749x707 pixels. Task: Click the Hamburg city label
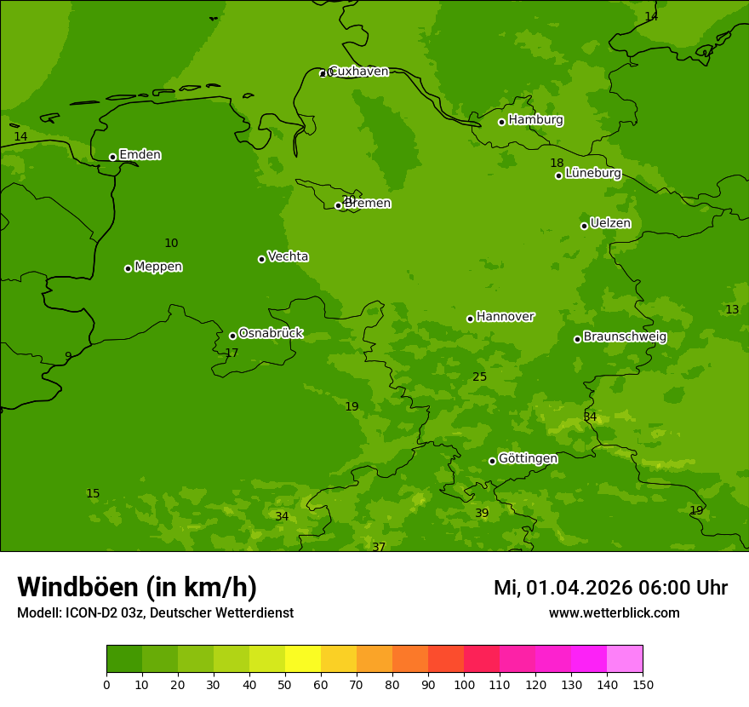pos(535,120)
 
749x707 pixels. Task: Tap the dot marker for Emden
pos(112,157)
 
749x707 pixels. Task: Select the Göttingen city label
pos(528,459)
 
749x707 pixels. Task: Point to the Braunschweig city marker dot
pos(577,339)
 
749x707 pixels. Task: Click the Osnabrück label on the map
pos(271,334)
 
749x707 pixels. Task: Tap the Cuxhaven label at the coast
pos(358,72)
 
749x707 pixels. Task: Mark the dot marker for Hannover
pos(470,319)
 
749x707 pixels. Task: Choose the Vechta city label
pos(288,256)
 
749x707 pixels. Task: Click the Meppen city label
pos(158,267)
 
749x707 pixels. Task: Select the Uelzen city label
pos(610,223)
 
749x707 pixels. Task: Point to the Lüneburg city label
pos(592,173)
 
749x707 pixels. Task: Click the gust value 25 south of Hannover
pos(480,377)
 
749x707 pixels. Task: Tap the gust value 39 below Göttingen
pos(482,514)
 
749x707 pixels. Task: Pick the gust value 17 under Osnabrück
pos(232,353)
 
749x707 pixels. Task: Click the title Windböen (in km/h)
pos(137,587)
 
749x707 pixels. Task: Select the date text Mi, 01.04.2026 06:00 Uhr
pos(610,588)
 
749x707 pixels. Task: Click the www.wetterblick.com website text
pos(614,613)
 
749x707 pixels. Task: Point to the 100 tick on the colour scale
pos(464,684)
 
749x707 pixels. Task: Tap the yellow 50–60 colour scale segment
pos(303,659)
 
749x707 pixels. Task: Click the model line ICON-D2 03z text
pos(155,613)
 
